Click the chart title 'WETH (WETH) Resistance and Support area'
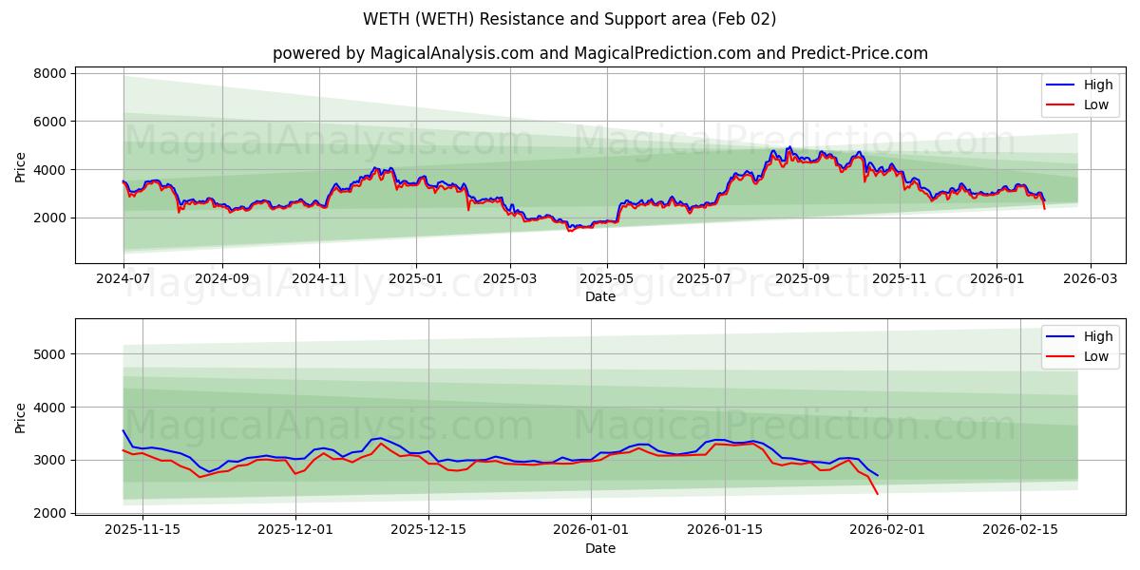[569, 19]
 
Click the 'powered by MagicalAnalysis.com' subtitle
[599, 53]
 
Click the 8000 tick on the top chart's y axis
[49, 73]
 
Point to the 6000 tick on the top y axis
[49, 122]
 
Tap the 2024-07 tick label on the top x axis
[123, 279]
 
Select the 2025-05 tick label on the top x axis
[606, 279]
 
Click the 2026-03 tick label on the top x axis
[1090, 279]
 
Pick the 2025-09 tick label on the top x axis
[802, 279]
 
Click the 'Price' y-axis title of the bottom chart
[21, 417]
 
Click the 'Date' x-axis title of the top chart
[599, 296]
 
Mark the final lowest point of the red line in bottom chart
[877, 494]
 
